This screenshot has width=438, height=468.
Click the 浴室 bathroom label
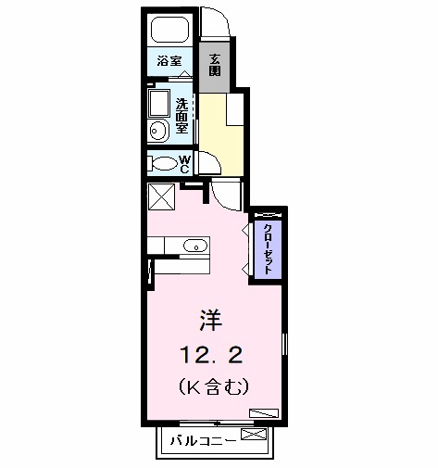(x=169, y=61)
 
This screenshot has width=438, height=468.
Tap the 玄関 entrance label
(x=214, y=64)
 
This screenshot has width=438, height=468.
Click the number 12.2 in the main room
(x=219, y=353)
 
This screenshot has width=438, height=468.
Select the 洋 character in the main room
(x=210, y=321)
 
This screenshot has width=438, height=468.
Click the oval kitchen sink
(x=194, y=247)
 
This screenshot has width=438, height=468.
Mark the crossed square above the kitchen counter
(x=161, y=198)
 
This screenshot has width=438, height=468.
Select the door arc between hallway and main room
(x=227, y=195)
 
